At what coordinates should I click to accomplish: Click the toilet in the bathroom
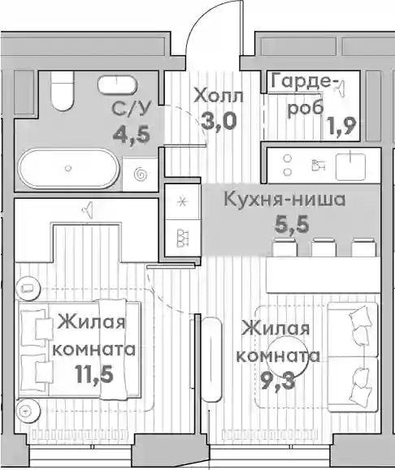[x=63, y=91]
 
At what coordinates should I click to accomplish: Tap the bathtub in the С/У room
[x=68, y=169]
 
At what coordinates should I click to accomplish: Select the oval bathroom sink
[x=117, y=85]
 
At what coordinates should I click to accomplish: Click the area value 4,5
[x=131, y=134]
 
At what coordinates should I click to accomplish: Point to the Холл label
[x=218, y=97]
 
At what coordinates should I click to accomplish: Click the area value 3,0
[x=219, y=122]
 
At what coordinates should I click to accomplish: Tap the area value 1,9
[x=341, y=126]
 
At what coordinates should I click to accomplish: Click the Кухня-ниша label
[x=284, y=200]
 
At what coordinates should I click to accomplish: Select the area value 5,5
[x=292, y=226]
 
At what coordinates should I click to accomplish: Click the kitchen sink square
[x=350, y=166]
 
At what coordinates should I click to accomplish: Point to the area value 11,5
[x=94, y=374]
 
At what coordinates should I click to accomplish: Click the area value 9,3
[x=278, y=380]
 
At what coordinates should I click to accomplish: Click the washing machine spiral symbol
[x=141, y=175]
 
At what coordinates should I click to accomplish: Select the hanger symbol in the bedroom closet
[x=87, y=209]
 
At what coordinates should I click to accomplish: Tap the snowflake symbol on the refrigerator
[x=182, y=202]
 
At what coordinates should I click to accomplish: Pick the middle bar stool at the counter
[x=323, y=248]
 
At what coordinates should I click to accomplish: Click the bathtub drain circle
[x=68, y=168]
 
